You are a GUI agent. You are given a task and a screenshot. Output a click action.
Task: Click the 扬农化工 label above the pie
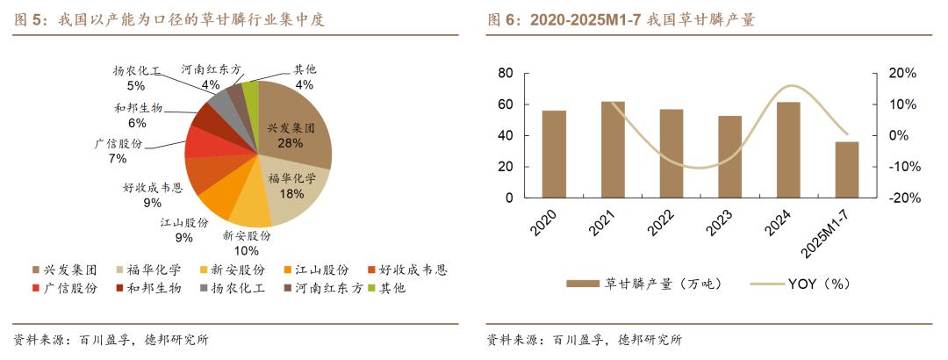pyautogui.click(x=137, y=70)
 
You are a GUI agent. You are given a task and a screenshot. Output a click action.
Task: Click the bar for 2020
pyautogui.click(x=554, y=155)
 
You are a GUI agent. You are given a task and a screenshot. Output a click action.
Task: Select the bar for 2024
pyautogui.click(x=788, y=150)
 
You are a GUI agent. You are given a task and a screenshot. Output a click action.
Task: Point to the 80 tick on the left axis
pyautogui.click(x=505, y=74)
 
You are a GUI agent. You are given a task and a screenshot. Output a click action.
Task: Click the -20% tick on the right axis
pyautogui.click(x=902, y=198)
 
